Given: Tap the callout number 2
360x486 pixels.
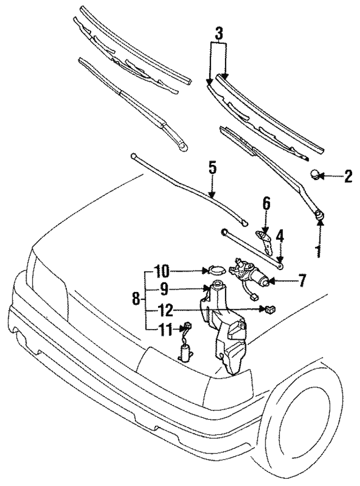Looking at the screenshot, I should (348, 177).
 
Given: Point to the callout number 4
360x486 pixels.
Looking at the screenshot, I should (280, 234).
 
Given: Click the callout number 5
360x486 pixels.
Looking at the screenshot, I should (212, 167).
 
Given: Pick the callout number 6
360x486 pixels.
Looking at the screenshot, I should (266, 203).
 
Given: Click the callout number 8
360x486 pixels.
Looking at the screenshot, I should (136, 300).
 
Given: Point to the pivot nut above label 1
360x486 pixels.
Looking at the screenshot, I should (320, 213).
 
